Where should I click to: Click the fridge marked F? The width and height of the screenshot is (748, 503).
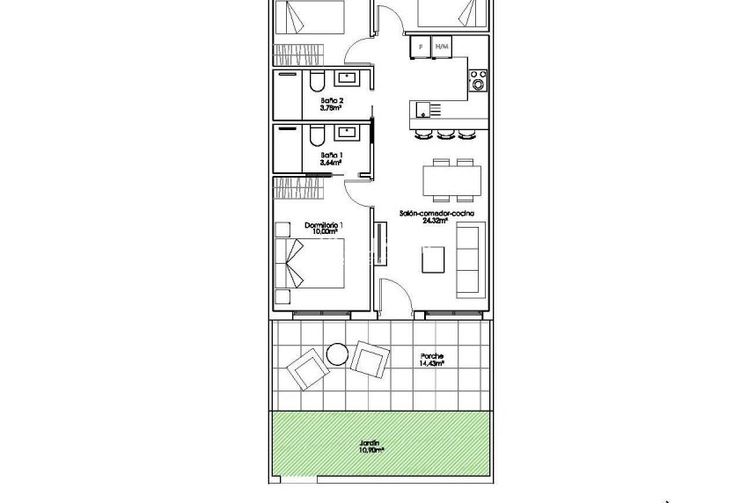421,46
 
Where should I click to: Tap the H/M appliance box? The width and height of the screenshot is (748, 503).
442,46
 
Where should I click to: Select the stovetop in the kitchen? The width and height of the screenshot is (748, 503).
479,82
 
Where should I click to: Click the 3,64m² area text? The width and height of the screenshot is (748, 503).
331,162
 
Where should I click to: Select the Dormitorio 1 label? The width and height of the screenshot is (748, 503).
324,226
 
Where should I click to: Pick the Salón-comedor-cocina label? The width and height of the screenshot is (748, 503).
436,215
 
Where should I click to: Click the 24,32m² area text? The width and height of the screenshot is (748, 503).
436,222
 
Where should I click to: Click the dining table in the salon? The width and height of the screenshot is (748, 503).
451,181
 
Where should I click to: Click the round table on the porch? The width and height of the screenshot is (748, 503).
337,354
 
